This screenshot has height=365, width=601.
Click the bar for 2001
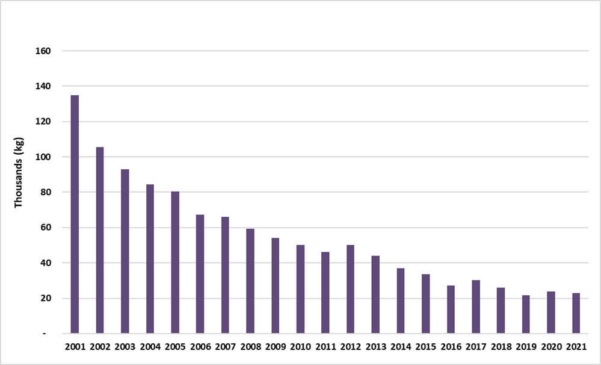coord(75,214)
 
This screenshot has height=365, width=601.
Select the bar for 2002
coord(100,240)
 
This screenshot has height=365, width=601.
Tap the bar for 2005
coord(175,263)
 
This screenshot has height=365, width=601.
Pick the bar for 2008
coord(250,281)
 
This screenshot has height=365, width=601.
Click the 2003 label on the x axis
coord(125,347)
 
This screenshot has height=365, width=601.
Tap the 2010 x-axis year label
coord(300,347)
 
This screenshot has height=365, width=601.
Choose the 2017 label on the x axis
coord(476,347)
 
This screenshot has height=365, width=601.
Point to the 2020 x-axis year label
coord(551,347)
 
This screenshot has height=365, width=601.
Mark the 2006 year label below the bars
coord(200,347)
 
